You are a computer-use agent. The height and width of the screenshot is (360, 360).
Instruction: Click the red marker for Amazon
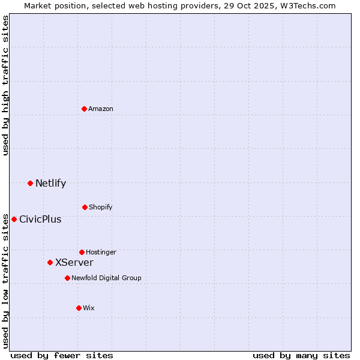85,109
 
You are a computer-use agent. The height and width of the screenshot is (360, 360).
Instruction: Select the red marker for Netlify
30,183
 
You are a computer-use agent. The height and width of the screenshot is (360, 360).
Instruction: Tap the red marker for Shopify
85,207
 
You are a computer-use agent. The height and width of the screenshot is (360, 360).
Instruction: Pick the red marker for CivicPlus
14,219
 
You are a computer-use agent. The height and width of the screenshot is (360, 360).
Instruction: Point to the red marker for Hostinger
82,252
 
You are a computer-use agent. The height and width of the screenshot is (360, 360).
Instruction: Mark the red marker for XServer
50,262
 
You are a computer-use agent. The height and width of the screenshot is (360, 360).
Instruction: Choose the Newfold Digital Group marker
67,278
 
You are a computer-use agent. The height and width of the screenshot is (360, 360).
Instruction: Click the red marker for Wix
79,308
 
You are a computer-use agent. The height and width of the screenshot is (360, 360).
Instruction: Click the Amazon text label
101,109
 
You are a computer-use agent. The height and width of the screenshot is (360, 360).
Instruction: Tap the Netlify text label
50,183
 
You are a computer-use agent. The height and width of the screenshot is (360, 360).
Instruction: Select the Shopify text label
101,207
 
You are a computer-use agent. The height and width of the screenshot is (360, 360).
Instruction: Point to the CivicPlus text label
40,219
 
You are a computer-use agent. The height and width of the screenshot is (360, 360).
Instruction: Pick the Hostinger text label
101,252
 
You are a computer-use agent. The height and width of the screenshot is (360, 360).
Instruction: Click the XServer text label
74,262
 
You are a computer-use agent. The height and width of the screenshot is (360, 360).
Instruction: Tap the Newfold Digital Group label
106,278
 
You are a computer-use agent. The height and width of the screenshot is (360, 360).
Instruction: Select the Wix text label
89,308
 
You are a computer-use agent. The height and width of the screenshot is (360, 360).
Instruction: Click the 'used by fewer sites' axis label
62,355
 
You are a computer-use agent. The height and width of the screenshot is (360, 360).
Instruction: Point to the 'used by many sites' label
301,355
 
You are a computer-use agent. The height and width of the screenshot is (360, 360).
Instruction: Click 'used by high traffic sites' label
5,85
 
